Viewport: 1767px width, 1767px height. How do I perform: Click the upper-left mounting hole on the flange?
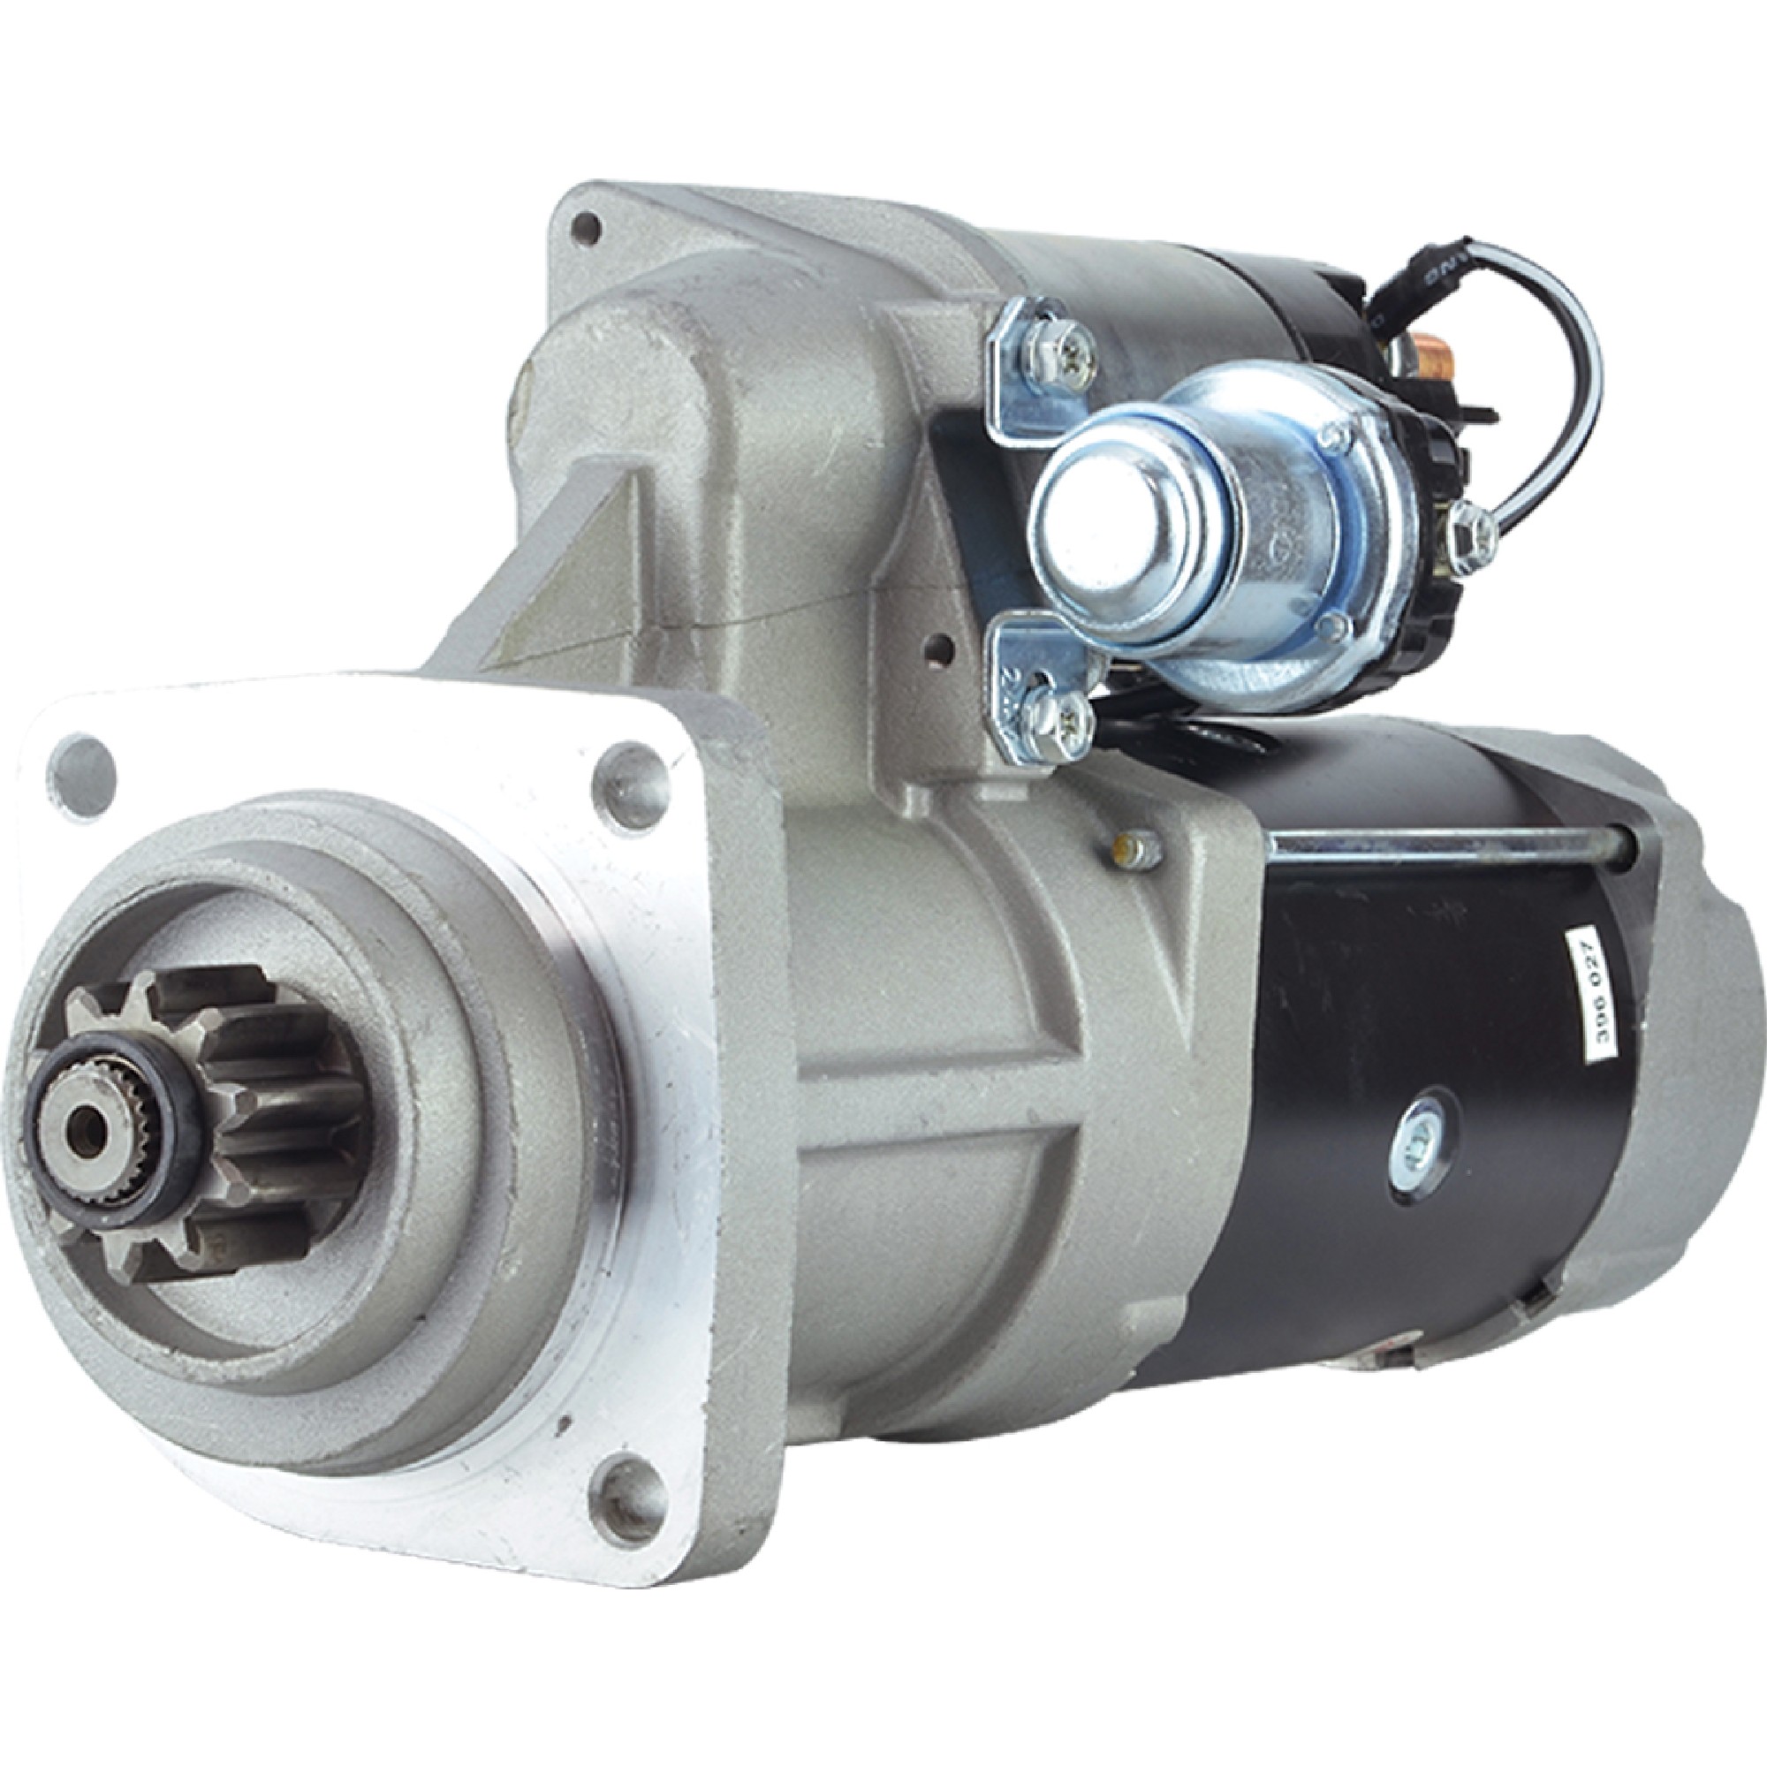click(83, 770)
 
